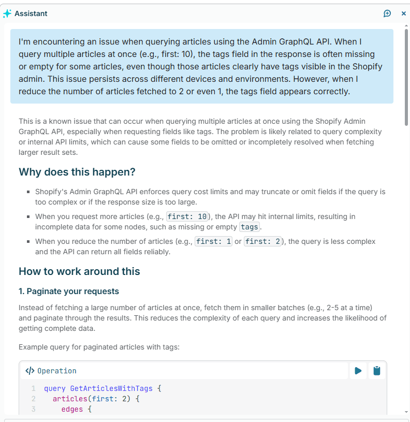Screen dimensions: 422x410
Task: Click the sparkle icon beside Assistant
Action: click(7, 14)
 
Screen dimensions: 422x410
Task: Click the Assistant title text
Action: click(31, 14)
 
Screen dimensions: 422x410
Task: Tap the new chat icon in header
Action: click(387, 13)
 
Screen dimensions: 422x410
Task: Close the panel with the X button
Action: click(404, 13)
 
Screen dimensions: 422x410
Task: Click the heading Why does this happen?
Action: click(77, 172)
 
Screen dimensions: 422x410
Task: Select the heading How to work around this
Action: click(79, 271)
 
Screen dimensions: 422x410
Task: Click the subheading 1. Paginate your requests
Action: click(69, 291)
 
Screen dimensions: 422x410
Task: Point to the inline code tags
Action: click(250, 227)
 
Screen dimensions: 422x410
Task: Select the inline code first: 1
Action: click(213, 241)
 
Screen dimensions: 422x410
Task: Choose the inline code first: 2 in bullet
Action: click(263, 241)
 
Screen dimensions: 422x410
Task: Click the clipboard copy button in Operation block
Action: click(377, 371)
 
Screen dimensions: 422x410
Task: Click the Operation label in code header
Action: click(57, 371)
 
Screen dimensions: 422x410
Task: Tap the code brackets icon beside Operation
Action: click(30, 371)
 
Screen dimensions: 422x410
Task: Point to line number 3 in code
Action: click(33, 410)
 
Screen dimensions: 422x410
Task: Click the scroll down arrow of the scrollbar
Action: click(406, 412)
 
